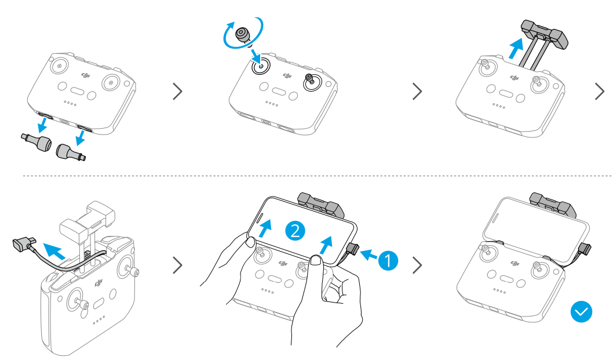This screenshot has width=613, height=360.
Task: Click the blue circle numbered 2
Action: [295, 231]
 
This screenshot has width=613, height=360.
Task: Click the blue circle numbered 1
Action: [388, 260]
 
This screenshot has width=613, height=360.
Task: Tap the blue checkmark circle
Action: [581, 311]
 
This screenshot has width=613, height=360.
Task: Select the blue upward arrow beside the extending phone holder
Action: [516, 48]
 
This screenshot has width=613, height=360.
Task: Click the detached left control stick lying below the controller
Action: [36, 142]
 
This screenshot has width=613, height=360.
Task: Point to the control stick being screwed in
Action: [243, 35]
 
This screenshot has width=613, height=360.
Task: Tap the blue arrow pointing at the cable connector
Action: [368, 255]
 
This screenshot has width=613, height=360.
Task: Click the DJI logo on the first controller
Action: [86, 75]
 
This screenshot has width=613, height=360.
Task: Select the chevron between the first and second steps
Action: [177, 91]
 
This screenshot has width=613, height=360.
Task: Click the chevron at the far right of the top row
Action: [600, 91]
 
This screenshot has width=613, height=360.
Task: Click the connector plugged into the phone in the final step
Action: [585, 249]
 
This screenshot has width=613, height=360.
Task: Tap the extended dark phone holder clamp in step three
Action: [545, 35]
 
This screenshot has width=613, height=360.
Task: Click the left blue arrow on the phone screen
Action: [265, 228]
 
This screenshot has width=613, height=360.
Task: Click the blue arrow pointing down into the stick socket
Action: [256, 55]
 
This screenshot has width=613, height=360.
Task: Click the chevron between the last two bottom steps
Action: [418, 265]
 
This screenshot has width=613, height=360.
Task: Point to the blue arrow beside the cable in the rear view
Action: [54, 251]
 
